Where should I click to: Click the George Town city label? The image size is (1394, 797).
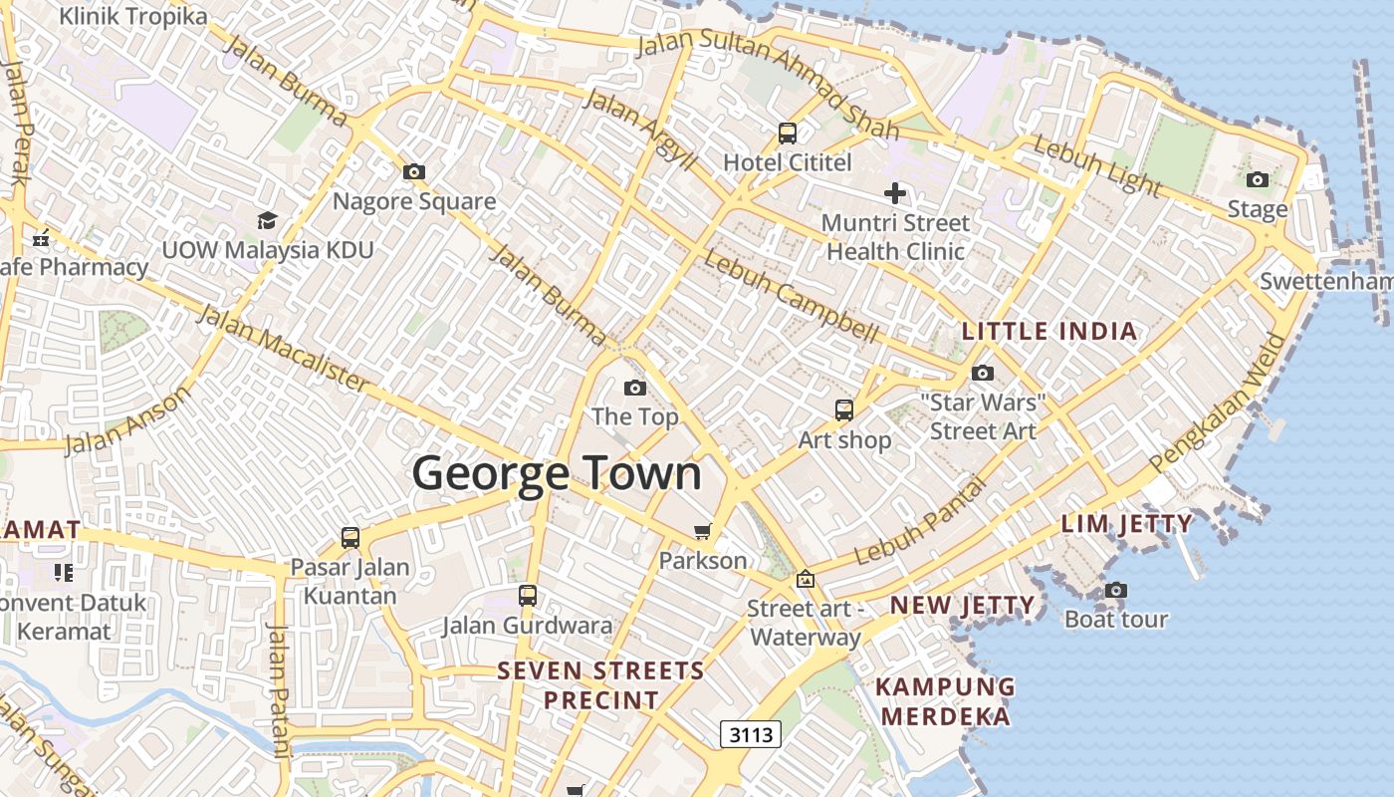[x=557, y=472]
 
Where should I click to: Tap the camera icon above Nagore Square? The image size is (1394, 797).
[x=414, y=172]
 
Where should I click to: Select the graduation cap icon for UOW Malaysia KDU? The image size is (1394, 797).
[x=267, y=220]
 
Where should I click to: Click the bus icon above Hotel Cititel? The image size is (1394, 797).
[x=788, y=133]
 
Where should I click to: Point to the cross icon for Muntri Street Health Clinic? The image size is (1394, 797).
[x=895, y=193]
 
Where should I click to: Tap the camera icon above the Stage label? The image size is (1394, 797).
[x=1258, y=180]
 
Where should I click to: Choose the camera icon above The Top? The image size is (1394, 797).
[x=634, y=388]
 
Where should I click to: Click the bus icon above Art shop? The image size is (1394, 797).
[x=843, y=409]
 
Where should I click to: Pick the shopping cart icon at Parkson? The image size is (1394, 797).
[x=703, y=531]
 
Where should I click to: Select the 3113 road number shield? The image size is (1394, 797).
[x=751, y=735]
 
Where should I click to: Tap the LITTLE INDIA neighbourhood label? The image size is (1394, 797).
[x=1048, y=331]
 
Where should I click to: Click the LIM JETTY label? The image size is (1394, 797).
[x=1126, y=523]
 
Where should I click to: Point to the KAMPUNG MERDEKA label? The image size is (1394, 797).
[x=946, y=701]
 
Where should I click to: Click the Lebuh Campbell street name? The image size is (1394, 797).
[x=791, y=296]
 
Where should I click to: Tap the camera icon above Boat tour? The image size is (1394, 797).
[x=1116, y=591]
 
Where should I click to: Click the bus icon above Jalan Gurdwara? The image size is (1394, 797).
[x=528, y=596]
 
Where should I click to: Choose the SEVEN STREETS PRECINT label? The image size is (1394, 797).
[x=601, y=684]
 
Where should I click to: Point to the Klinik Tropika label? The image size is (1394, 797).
[x=133, y=16]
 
